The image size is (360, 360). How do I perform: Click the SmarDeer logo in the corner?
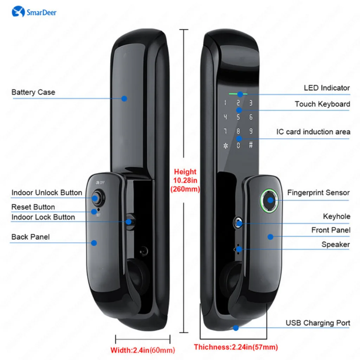[34, 12]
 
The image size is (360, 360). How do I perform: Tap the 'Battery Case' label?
[33, 92]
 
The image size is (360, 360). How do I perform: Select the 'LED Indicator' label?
[327, 88]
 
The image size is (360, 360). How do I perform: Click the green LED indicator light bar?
[238, 94]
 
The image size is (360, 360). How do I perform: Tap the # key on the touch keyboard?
[251, 145]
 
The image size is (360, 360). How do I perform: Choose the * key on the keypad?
[225, 146]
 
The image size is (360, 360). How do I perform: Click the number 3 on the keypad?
[251, 103]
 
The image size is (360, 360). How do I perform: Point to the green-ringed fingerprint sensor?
[270, 200]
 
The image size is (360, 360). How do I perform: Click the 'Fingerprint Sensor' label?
[318, 193]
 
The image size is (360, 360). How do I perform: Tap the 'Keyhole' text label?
[336, 216]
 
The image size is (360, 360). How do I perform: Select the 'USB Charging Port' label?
[317, 323]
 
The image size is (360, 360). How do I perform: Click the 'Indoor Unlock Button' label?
[47, 193]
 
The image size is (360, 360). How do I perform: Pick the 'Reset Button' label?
[33, 207]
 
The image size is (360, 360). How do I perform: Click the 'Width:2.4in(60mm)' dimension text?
[142, 350]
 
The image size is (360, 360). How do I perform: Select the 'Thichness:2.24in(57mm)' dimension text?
[236, 347]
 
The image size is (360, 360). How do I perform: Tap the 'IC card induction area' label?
[313, 132]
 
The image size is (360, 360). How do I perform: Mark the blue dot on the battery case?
[124, 99]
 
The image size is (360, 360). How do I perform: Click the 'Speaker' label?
[335, 244]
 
